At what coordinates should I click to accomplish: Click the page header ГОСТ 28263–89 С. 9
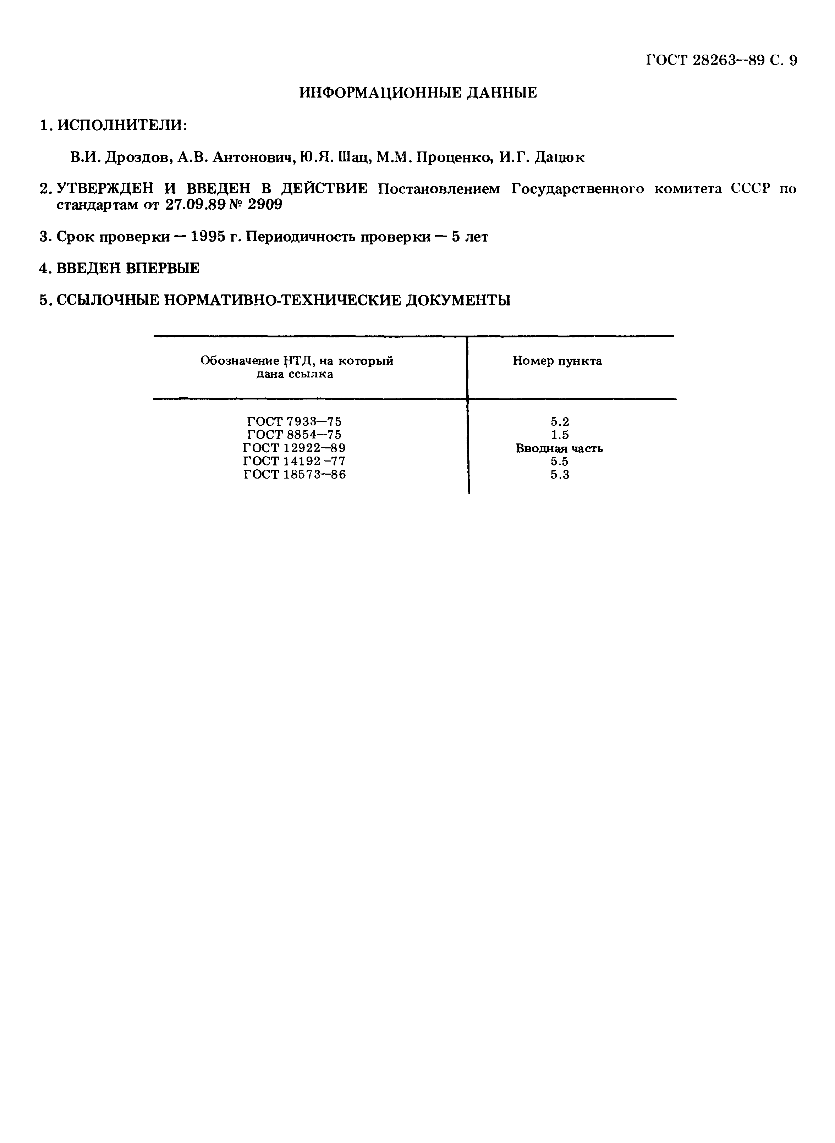point(721,61)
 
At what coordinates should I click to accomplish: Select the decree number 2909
point(264,205)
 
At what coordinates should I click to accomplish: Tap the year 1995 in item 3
point(207,237)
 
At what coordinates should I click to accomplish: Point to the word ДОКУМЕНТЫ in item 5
point(458,301)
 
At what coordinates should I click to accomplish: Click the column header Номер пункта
point(557,361)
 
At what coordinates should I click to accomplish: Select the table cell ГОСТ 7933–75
point(294,421)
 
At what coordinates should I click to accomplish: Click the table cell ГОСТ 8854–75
point(294,435)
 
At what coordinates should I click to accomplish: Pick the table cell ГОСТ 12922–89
point(294,448)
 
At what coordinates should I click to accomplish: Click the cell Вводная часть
point(559,448)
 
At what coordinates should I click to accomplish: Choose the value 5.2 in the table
point(560,421)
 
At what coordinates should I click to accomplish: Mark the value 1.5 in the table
point(560,435)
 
